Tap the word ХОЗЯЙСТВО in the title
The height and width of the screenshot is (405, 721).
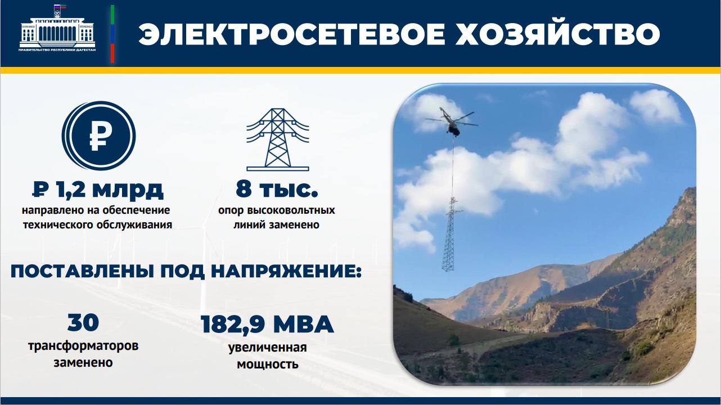tap(557, 35)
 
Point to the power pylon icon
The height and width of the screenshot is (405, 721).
tap(277, 137)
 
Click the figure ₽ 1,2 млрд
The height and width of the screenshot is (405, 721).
tap(98, 190)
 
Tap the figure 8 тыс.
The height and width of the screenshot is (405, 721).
tap(277, 190)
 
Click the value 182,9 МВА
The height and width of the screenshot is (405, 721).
tap(267, 325)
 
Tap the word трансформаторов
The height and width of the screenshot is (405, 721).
tap(83, 345)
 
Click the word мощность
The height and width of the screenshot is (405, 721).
tap(267, 364)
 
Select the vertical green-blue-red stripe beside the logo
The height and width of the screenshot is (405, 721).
tap(112, 34)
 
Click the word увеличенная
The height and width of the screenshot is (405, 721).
tap(267, 347)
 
